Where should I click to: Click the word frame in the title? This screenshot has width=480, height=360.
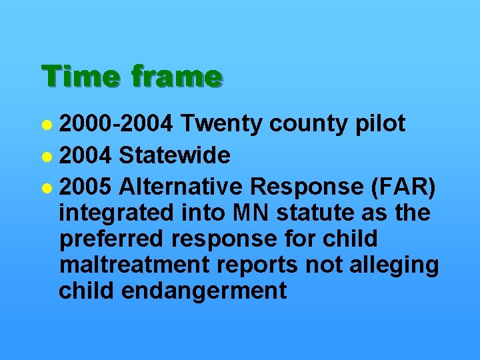[176, 77]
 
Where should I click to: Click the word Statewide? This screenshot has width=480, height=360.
[175, 156]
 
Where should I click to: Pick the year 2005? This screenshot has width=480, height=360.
[86, 188]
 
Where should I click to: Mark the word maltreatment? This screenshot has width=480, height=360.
[134, 265]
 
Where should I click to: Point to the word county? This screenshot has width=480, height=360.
[305, 125]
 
